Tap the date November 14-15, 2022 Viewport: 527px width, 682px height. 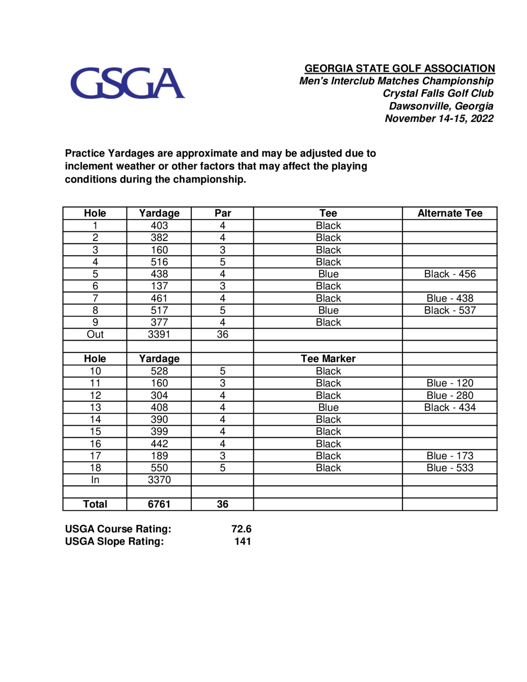[x=439, y=119]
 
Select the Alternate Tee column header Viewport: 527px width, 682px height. [x=450, y=213]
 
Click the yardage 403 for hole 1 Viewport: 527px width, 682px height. [x=159, y=226]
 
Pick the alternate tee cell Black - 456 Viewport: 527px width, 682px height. [x=450, y=274]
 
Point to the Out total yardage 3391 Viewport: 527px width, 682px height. [x=159, y=334]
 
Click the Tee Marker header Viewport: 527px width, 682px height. [x=328, y=358]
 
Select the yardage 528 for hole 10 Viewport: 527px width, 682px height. [x=159, y=371]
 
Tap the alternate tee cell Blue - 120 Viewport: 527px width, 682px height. [x=450, y=383]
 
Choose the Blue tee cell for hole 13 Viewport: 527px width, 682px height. [x=328, y=407]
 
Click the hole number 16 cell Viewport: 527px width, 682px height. [x=95, y=444]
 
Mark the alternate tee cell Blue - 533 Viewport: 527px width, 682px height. [x=450, y=468]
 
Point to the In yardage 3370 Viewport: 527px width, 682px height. [x=159, y=480]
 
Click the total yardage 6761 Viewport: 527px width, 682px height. [x=159, y=504]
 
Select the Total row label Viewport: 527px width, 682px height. [x=95, y=504]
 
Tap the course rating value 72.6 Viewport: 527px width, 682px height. [x=241, y=529]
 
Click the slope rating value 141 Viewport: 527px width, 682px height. [x=243, y=541]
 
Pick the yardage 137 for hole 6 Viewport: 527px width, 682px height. [x=159, y=286]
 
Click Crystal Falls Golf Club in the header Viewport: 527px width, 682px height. [x=438, y=93]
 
